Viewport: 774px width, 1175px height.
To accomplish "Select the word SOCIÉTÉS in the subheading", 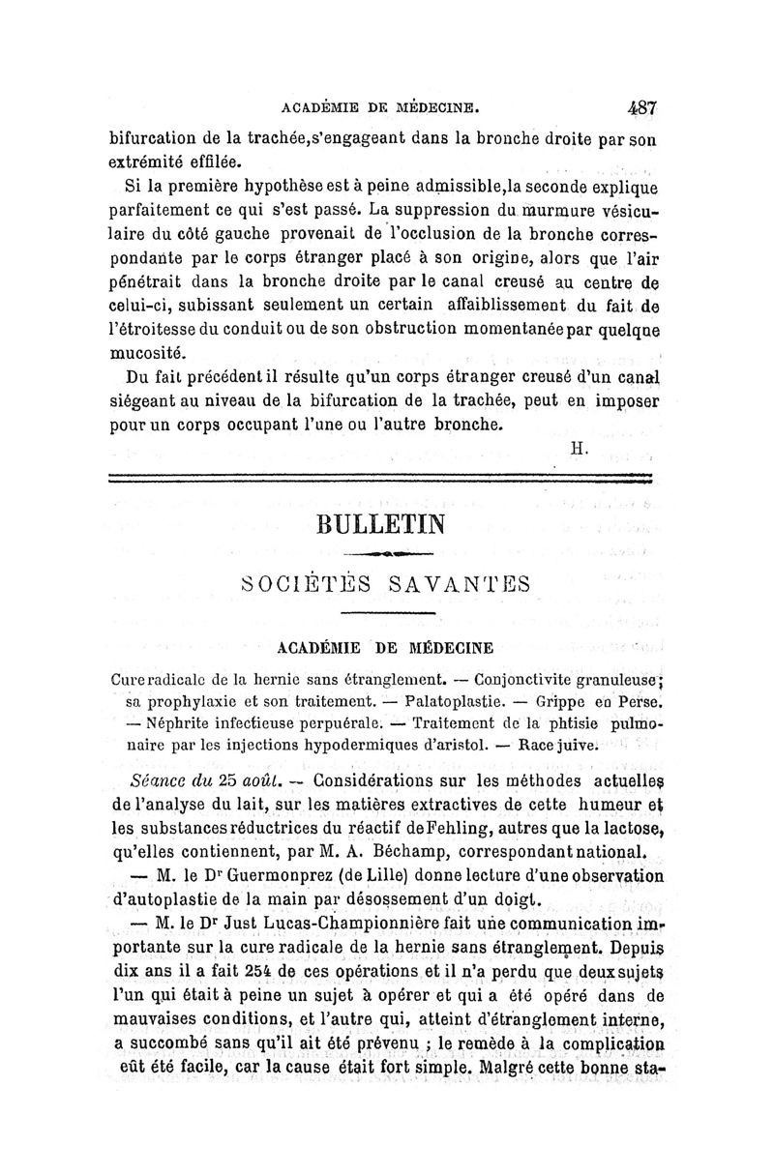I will [x=296, y=585].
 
